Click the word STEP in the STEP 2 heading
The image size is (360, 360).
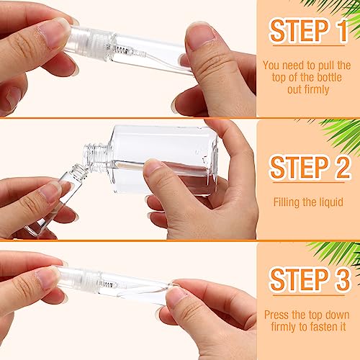pyautogui.click(x=294, y=167)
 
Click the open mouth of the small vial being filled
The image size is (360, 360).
pyautogui.click(x=81, y=170)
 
